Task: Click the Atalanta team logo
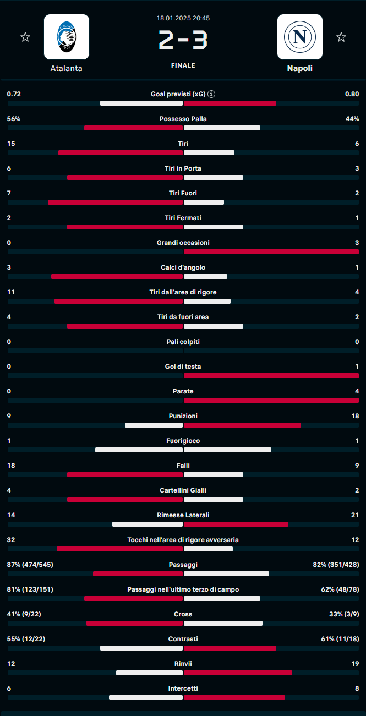point(67,37)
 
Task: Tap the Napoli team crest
point(299,37)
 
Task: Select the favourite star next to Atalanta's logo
point(25,37)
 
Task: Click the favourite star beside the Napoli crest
point(341,37)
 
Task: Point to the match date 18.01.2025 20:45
point(183,18)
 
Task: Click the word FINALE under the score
point(183,65)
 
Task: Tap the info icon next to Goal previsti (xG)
point(212,94)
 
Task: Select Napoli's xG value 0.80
point(352,94)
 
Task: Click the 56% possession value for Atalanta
point(14,119)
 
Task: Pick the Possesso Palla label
point(183,119)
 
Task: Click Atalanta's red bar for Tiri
point(120,153)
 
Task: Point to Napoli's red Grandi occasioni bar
point(271,252)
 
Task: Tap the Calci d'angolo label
point(183,267)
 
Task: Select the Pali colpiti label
point(183,342)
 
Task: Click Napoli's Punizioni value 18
point(354,416)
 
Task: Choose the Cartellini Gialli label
point(183,490)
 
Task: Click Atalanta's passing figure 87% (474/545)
point(30,565)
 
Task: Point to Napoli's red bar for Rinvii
point(238,673)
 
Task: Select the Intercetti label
point(183,688)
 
